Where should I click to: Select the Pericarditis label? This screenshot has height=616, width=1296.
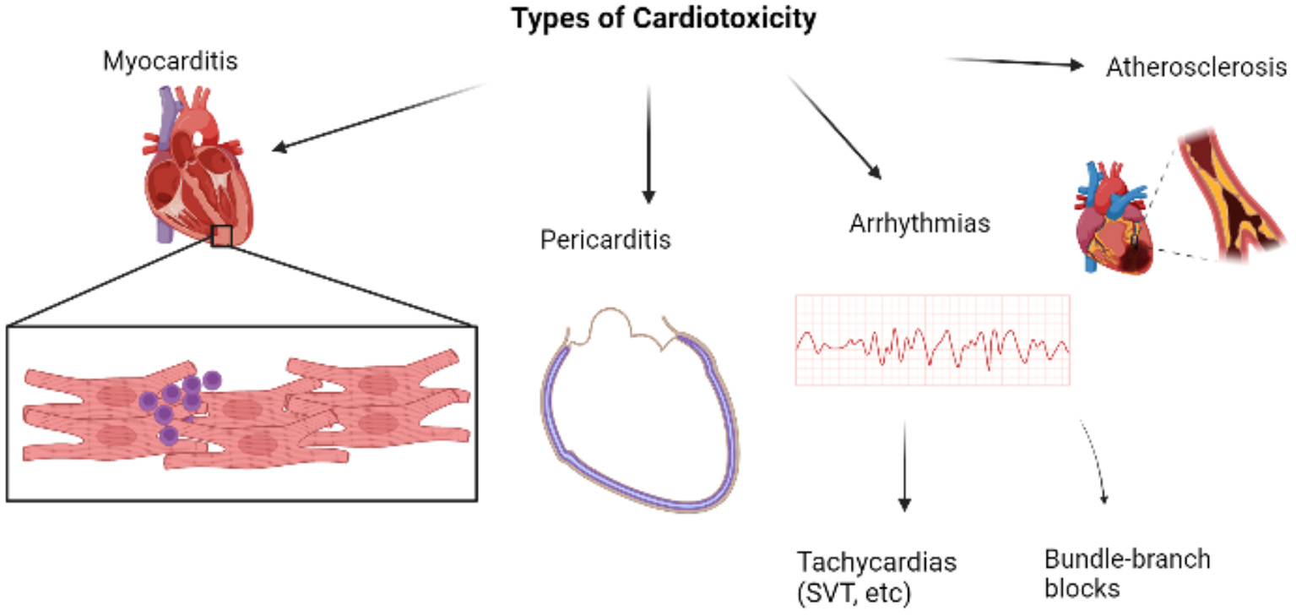(x=605, y=239)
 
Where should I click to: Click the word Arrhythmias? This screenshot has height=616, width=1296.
(x=919, y=225)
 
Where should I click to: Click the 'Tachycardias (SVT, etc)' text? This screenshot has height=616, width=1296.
(x=878, y=576)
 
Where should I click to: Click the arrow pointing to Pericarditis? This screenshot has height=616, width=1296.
(x=648, y=144)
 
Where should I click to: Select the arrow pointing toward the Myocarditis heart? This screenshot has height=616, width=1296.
(x=380, y=118)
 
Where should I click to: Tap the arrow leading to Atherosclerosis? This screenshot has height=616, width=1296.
(x=1013, y=63)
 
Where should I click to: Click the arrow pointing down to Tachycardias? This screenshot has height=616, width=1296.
(x=904, y=465)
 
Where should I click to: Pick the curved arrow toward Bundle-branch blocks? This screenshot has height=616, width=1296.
(x=1095, y=461)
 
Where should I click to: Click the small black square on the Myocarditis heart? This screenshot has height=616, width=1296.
(x=221, y=236)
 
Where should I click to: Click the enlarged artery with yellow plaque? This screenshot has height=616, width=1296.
(x=1228, y=194)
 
